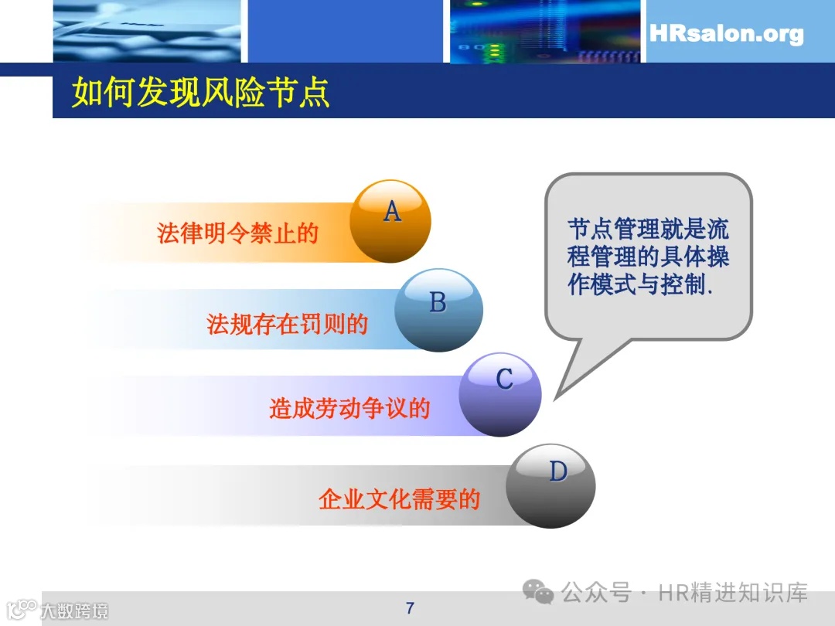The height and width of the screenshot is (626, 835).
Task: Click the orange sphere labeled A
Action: (390, 221)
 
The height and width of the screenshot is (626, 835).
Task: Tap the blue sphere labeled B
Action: (438, 310)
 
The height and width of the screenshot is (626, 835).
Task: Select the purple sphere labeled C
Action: (500, 394)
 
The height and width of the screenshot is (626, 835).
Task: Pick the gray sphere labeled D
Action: (550, 485)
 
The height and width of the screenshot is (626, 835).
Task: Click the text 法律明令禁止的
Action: (237, 233)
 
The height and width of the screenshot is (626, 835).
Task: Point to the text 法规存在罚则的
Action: (287, 324)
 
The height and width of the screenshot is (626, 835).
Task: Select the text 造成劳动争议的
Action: (349, 408)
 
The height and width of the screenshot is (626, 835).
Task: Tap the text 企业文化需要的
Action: (399, 499)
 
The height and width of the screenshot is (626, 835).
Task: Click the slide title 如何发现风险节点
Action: (201, 93)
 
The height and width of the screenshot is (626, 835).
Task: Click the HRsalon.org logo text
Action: (726, 34)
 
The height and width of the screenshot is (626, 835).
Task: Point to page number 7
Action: (410, 607)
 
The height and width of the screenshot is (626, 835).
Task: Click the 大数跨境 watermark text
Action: (74, 611)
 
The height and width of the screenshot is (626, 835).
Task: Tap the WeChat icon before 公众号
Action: (538, 593)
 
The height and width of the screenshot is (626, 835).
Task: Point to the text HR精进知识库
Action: (733, 593)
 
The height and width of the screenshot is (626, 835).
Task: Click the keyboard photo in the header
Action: (147, 31)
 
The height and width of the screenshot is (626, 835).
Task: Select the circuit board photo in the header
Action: (545, 31)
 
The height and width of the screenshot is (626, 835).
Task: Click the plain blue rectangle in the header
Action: (345, 31)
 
